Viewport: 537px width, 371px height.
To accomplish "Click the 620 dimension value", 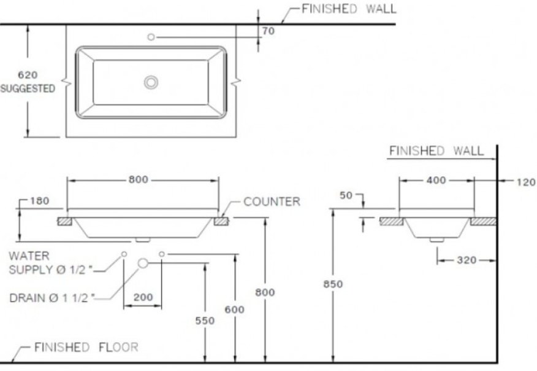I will (x=28, y=75).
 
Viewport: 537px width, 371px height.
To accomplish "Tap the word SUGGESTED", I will (x=28, y=88).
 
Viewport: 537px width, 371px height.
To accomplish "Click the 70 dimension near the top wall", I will (x=268, y=31).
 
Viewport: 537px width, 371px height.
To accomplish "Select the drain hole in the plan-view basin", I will (x=151, y=82).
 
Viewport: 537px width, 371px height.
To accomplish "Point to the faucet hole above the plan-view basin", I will (x=151, y=37).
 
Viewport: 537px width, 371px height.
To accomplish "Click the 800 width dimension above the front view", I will (x=139, y=180).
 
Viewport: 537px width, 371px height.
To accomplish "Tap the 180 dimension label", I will (x=38, y=201).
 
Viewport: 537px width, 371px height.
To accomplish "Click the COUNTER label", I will (x=272, y=201).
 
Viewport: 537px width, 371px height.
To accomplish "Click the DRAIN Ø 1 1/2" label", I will (x=52, y=299).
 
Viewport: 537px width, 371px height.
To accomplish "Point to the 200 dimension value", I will (x=143, y=297).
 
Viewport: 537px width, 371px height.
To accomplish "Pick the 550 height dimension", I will (x=205, y=321).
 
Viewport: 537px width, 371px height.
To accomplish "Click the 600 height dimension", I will (x=234, y=310).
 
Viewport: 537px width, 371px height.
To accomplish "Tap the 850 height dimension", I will (x=333, y=284).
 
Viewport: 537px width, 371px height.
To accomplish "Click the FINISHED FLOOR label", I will (x=86, y=347).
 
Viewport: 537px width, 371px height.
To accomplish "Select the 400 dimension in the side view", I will (x=436, y=180).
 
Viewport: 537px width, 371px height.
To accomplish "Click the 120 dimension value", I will (x=525, y=182).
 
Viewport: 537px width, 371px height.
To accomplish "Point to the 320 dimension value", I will (x=467, y=260).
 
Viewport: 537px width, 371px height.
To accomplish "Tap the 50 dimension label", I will (x=346, y=195).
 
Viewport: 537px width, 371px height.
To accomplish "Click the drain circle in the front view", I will (x=143, y=263).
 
